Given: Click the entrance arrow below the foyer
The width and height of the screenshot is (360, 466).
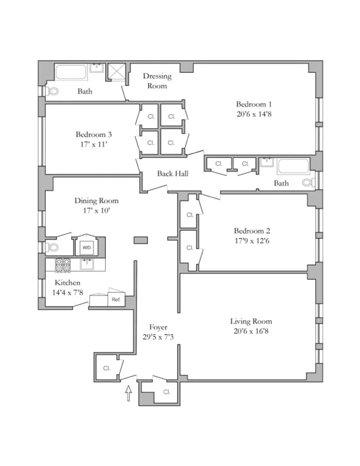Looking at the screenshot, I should coord(129,392).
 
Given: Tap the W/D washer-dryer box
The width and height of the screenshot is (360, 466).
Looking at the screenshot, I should coord(86,248).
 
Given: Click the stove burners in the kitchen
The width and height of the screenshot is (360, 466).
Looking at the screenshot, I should coord(63,265).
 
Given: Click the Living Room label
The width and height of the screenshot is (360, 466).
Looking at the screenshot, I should coord(251,321).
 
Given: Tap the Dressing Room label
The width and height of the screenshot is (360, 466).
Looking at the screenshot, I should coord(156,81).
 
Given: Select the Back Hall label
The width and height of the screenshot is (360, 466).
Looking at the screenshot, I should coord(172,174).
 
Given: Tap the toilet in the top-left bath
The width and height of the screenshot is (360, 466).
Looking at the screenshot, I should coord(52,91).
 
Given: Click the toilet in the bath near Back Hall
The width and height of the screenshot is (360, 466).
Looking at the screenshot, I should coord(309,182).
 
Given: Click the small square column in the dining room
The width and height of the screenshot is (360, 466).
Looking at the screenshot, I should coord(141,240).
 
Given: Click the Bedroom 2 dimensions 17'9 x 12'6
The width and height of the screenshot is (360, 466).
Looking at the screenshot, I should coord(253,240).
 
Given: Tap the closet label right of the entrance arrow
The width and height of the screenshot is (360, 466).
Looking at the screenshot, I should coord(166,391).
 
